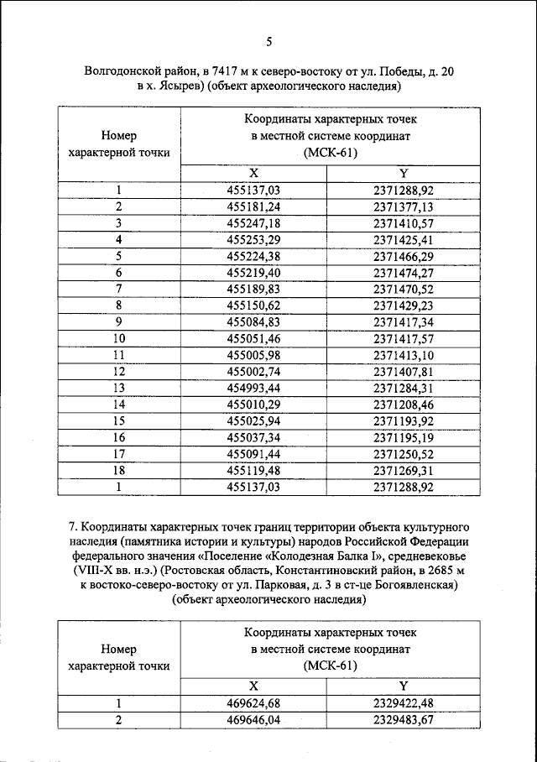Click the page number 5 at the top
pyautogui.click(x=268, y=43)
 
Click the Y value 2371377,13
pyautogui.click(x=404, y=206)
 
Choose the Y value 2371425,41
pyautogui.click(x=404, y=239)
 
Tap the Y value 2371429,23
pyautogui.click(x=404, y=305)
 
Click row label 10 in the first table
pyautogui.click(x=119, y=338)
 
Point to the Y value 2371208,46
pyautogui.click(x=404, y=404)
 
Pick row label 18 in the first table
pyautogui.click(x=119, y=470)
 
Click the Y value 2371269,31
pyautogui.click(x=404, y=470)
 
